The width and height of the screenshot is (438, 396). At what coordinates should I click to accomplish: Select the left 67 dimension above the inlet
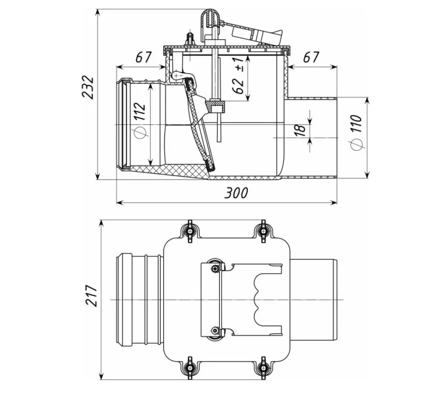pyautogui.click(x=144, y=57)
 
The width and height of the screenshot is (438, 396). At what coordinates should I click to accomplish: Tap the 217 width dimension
pyautogui.click(x=92, y=295)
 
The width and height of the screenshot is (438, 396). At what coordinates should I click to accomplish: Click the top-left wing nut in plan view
pyautogui.click(x=189, y=231)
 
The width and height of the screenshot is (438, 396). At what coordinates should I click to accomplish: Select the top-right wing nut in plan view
pyautogui.click(x=263, y=231)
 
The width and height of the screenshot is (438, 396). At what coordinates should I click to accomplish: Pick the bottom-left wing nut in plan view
pyautogui.click(x=189, y=364)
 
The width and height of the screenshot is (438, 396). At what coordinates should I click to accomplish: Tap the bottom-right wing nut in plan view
pyautogui.click(x=263, y=364)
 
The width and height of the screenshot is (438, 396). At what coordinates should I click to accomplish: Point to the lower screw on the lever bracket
pyautogui.click(x=214, y=330)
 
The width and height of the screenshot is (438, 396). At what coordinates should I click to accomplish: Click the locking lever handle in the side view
pyautogui.click(x=258, y=33)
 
